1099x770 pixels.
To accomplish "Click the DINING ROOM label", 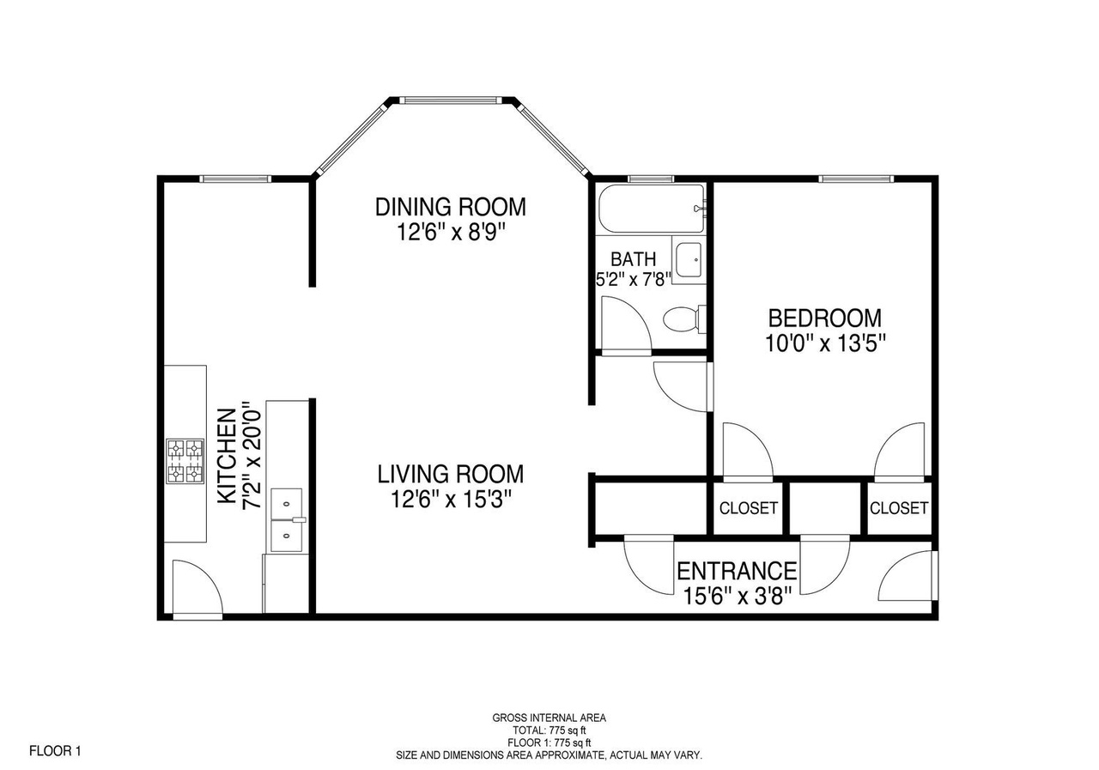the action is point(451,207).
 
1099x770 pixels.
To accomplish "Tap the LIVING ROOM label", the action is point(451,474).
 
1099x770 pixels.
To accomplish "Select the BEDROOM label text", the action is point(825,318).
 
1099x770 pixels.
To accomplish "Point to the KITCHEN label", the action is point(228,456).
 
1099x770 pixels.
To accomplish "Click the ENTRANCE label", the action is point(737,572).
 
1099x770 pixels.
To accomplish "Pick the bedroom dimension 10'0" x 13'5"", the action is point(826,343).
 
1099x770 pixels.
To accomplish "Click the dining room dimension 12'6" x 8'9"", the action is point(451,232).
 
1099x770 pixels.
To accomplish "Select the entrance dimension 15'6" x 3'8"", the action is point(738,597).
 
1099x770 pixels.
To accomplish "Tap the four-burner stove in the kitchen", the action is point(185,461).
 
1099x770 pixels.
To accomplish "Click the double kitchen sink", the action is point(287,520).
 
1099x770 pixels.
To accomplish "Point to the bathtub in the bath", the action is point(652,209).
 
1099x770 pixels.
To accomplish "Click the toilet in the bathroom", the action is point(684,318).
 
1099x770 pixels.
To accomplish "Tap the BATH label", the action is point(633,258).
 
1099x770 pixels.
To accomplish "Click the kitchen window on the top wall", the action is point(235,179).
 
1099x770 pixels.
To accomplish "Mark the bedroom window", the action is point(856,179).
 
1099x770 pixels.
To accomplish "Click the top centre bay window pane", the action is point(451,100).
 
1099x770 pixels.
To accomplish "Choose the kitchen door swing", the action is point(197,587).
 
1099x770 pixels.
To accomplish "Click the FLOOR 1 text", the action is point(55,751).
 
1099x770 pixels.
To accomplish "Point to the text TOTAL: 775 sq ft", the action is point(549,731).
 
